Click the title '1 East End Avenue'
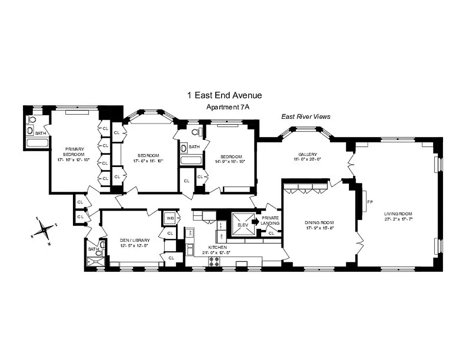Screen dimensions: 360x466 pos(224,95)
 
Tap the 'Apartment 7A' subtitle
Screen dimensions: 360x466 pos(224,107)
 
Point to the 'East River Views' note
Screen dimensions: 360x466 pos(306,117)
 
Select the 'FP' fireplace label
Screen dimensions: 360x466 pos(370,202)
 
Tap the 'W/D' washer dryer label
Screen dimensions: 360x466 pos(170,218)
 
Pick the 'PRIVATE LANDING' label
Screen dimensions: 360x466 pos(270,220)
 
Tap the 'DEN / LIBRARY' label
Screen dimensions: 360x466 pos(135,240)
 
